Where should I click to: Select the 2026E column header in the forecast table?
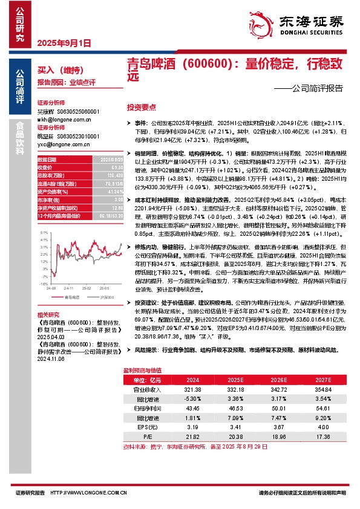278,380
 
